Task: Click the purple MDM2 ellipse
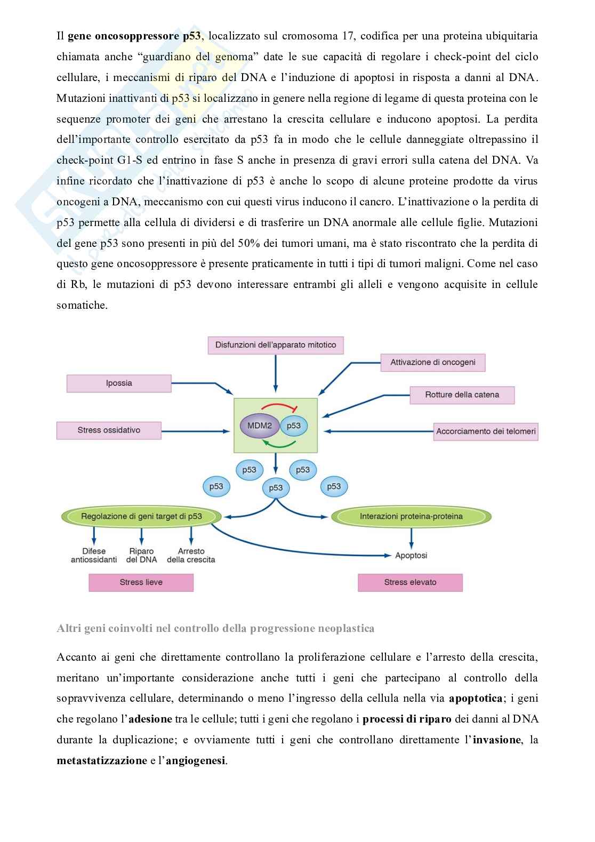[x=260, y=426]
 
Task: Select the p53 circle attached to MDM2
[x=293, y=426]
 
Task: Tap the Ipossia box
[x=119, y=383]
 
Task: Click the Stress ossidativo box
[x=109, y=430]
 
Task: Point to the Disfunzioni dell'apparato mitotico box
[x=276, y=345]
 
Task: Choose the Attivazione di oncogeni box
[x=433, y=363]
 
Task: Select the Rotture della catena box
[x=462, y=395]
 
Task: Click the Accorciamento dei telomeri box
[x=486, y=431]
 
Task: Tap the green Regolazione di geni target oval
[x=141, y=516]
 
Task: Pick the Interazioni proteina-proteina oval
[x=411, y=516]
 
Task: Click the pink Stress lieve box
[x=141, y=582]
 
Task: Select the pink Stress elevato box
[x=410, y=582]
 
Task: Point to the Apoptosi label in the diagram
[x=411, y=556]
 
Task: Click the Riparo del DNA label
[x=141, y=555]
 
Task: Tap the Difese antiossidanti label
[x=94, y=555]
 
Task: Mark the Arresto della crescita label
[x=191, y=555]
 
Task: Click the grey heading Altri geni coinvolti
[x=215, y=628]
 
